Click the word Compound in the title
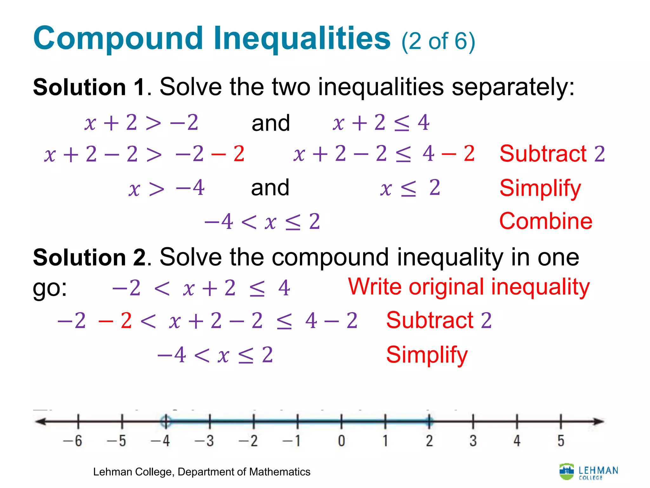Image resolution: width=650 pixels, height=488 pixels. coord(118,39)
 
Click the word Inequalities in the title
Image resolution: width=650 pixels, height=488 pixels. coord(302,38)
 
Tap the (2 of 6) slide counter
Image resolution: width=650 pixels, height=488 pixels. coord(438,41)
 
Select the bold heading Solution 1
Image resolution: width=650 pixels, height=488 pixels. coord(89,87)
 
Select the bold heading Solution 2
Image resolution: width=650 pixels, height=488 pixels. coord(89,257)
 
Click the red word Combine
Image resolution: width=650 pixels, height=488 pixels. coord(546,221)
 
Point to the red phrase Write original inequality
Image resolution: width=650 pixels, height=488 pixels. coord(469,287)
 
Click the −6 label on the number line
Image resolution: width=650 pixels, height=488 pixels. coord(73,441)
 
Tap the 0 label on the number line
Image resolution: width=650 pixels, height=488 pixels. coord(341,441)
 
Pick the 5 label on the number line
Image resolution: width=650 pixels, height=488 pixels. coord(561,441)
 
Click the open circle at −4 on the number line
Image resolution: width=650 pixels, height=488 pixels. coord(165,422)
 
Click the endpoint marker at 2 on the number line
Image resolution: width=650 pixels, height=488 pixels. coord(429,422)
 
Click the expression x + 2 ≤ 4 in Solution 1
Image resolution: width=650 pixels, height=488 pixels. coord(381,123)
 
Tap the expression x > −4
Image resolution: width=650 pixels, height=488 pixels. coord(166,188)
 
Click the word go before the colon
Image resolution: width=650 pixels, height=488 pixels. coord(47,288)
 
